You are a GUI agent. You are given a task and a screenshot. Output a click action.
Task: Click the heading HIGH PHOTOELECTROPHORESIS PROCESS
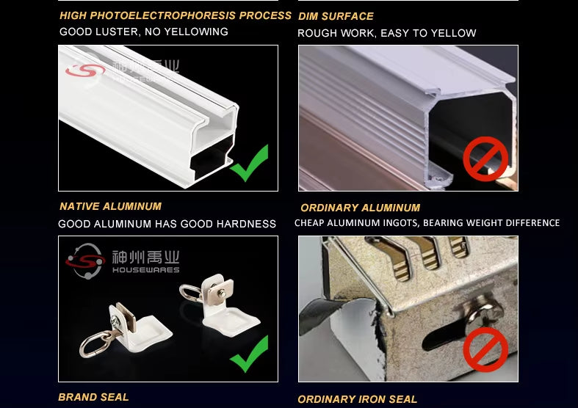(176, 15)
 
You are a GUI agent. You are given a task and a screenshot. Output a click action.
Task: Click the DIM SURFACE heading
(336, 17)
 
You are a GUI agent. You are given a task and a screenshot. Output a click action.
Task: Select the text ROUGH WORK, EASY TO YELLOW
(387, 33)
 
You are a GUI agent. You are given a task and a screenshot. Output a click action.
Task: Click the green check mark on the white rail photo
(250, 163)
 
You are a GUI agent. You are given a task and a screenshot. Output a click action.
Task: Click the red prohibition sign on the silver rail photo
(485, 159)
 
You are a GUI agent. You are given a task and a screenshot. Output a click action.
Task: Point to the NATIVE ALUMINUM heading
(111, 206)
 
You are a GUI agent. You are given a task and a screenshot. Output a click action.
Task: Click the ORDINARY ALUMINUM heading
(360, 208)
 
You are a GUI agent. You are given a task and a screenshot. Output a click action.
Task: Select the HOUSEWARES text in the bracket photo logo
(146, 270)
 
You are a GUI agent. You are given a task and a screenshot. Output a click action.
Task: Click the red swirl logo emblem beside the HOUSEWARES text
(85, 261)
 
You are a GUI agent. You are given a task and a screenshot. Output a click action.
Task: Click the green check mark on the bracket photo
(250, 354)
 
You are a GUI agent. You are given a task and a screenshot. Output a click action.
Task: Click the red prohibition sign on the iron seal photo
(485, 350)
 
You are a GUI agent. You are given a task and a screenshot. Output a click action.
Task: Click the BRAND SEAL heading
(93, 397)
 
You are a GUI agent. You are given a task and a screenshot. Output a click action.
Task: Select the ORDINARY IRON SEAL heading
(357, 399)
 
